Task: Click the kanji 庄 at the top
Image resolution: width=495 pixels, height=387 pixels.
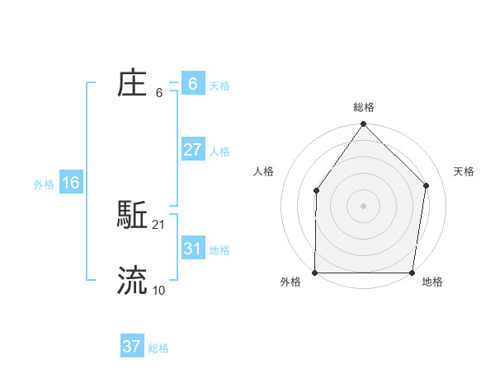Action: tap(133, 84)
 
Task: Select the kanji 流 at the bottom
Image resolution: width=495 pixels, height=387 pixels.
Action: tap(133, 281)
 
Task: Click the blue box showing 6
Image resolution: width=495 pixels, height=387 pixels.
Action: tap(193, 84)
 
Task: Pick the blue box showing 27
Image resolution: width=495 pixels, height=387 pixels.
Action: tap(193, 150)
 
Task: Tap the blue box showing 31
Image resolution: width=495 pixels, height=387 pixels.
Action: tap(193, 249)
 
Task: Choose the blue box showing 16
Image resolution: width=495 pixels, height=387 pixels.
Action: tap(71, 183)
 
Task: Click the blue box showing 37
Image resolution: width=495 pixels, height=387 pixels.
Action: tap(132, 347)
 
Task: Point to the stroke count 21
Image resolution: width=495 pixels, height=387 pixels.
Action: tap(159, 224)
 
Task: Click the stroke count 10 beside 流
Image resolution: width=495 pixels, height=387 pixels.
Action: tap(159, 290)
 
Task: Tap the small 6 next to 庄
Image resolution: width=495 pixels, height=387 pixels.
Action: tap(159, 93)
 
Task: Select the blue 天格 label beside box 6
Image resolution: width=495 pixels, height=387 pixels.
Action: tap(219, 85)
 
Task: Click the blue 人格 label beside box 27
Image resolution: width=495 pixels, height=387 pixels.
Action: tap(219, 151)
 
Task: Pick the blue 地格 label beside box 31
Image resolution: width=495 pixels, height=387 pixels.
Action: tap(219, 249)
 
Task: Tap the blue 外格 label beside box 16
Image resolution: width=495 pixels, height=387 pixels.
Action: tap(44, 184)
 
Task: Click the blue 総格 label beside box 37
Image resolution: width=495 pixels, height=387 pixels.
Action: tap(158, 348)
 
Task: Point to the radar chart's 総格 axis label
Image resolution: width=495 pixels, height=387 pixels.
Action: tap(364, 107)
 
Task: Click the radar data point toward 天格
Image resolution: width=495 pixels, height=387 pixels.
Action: tap(427, 185)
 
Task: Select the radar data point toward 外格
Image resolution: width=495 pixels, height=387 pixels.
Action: tap(315, 273)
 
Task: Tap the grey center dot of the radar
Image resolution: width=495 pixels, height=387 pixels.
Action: tap(363, 206)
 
